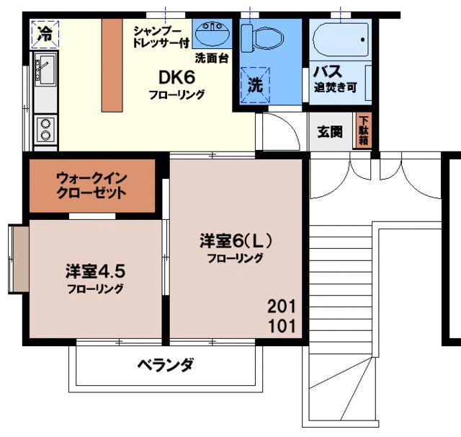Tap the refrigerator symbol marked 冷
click(x=44, y=32)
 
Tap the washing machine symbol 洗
click(x=256, y=85)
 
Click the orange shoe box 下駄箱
click(x=364, y=131)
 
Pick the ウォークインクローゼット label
click(x=91, y=186)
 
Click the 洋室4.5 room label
click(x=94, y=273)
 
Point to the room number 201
click(x=282, y=304)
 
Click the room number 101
click(x=282, y=325)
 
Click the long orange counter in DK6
click(x=112, y=64)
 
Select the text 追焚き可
click(x=335, y=89)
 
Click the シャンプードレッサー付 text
click(x=161, y=36)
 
